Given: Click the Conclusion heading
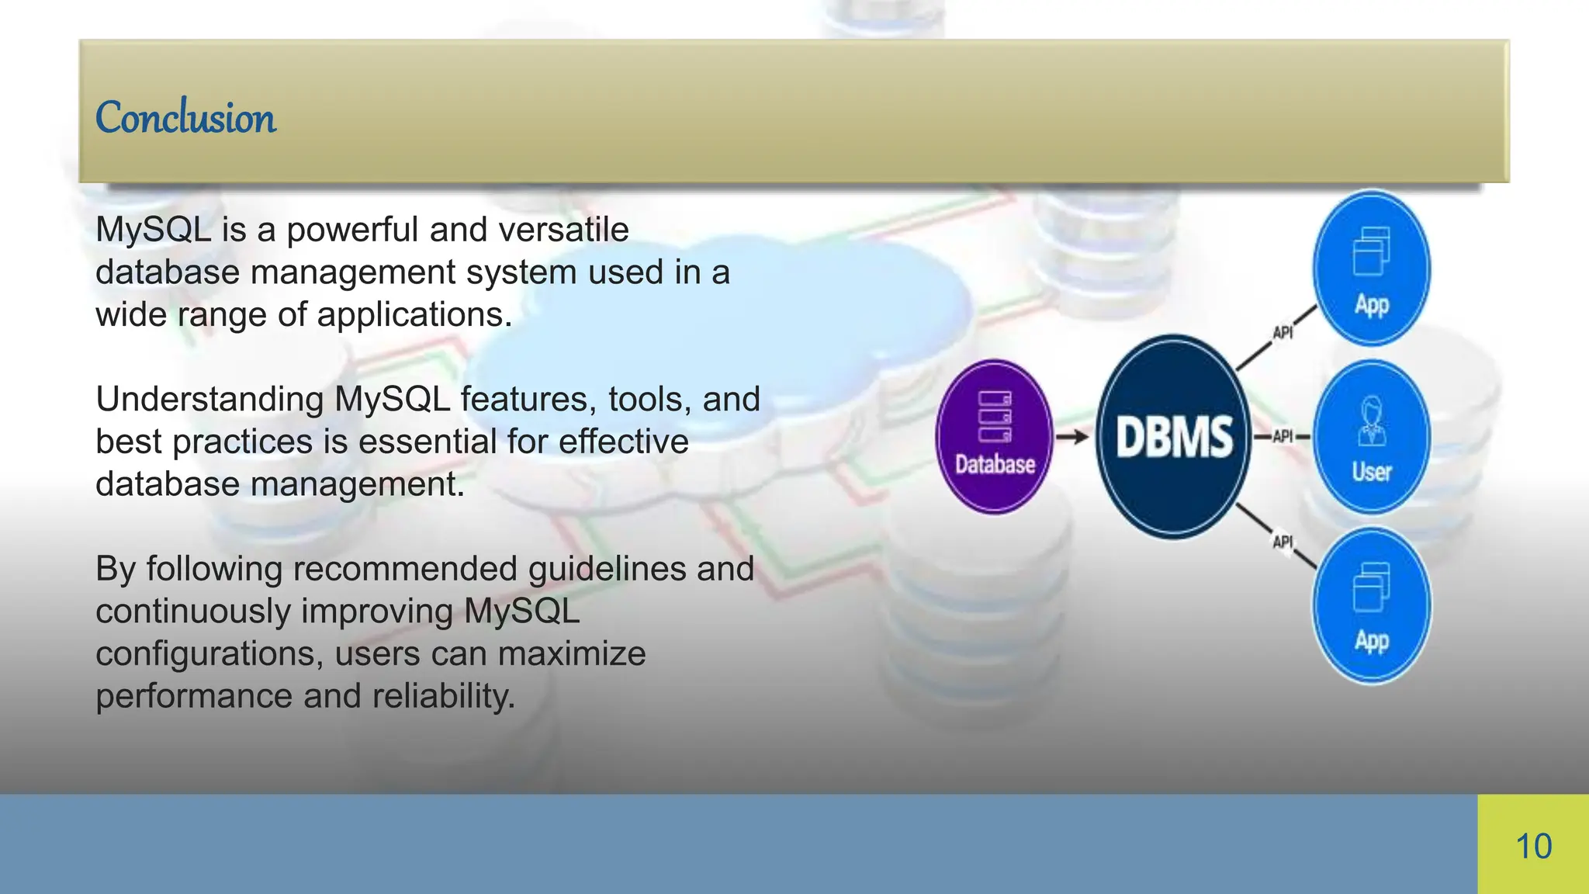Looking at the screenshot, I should [185, 118].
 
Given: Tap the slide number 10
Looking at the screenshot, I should [1533, 846].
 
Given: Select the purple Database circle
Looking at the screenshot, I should [995, 436].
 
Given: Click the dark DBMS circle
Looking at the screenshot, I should [1174, 436].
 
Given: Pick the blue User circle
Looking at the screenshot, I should [1372, 436].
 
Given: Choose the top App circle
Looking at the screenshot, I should [1372, 269].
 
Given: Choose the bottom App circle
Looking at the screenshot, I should [1372, 605].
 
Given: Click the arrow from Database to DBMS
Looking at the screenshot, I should [1073, 437].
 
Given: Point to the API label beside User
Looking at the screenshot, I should [1283, 437].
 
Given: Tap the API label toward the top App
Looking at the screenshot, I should [1283, 332].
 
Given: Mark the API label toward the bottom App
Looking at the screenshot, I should [1283, 542].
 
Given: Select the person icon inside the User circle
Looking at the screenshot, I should [1372, 421].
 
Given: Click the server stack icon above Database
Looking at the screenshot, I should [995, 416].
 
